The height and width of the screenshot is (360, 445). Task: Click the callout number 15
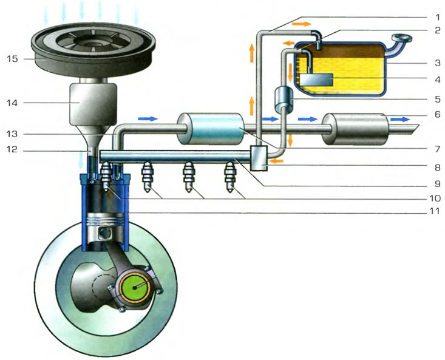click(x=13, y=59)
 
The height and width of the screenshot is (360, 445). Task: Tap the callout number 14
click(x=13, y=103)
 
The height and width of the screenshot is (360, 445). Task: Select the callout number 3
click(x=438, y=63)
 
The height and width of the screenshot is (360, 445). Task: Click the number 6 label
click(x=438, y=114)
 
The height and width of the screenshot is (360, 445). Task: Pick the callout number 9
click(x=438, y=184)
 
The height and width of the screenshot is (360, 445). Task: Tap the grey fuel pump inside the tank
click(x=316, y=79)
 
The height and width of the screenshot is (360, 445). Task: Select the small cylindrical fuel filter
click(x=284, y=100)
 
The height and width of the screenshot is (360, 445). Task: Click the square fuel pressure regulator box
click(x=259, y=158)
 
